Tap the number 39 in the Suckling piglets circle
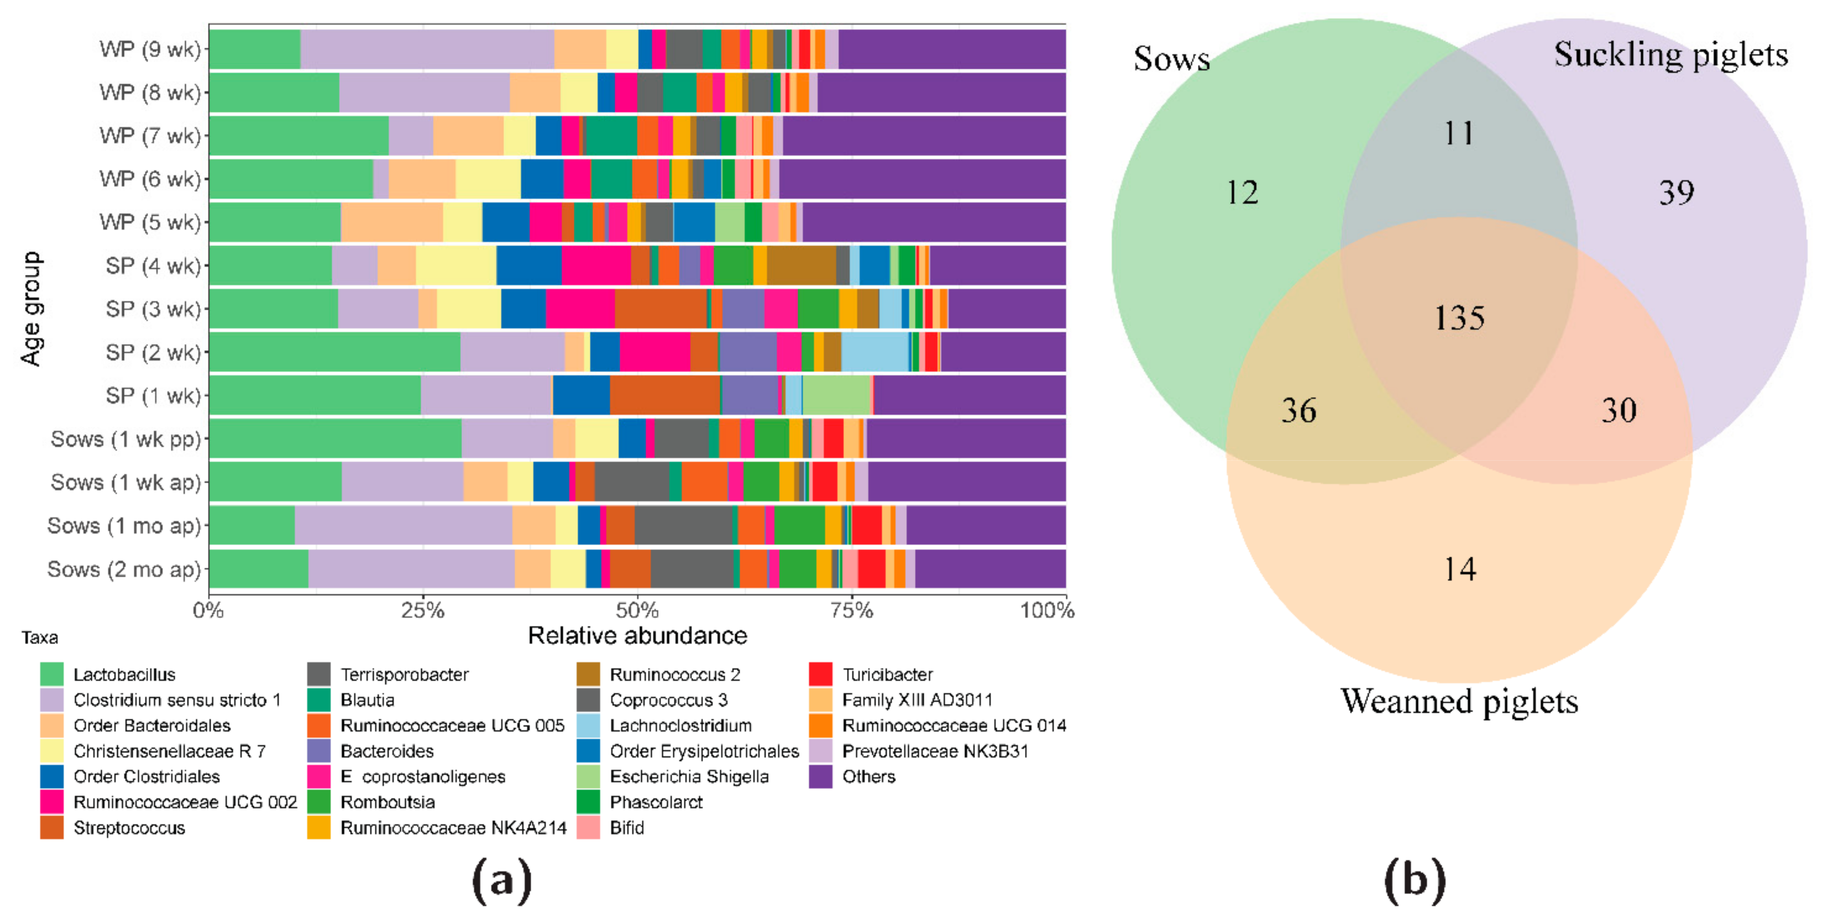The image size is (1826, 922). pos(1676,193)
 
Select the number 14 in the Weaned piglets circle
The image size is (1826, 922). pos(1460,569)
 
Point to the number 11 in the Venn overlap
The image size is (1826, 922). pos(1459,133)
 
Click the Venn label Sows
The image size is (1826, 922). pos(1171,59)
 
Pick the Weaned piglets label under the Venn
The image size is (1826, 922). pos(1459,702)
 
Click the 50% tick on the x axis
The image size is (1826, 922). pos(637,610)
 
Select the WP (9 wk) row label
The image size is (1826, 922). pos(150,50)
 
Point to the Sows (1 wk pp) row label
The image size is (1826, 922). pos(126,440)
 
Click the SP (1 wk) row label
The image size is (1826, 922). pos(153,396)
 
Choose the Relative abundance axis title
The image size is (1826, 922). pos(637,636)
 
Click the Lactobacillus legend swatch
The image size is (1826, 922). pos(52,674)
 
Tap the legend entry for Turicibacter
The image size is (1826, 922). pos(887,674)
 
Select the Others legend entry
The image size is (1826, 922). pos(868,777)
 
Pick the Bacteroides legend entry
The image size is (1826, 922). pos(387,751)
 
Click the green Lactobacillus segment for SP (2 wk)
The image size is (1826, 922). pos(334,352)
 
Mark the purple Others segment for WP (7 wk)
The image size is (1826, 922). pos(924,136)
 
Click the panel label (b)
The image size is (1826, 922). pos(1414,880)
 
